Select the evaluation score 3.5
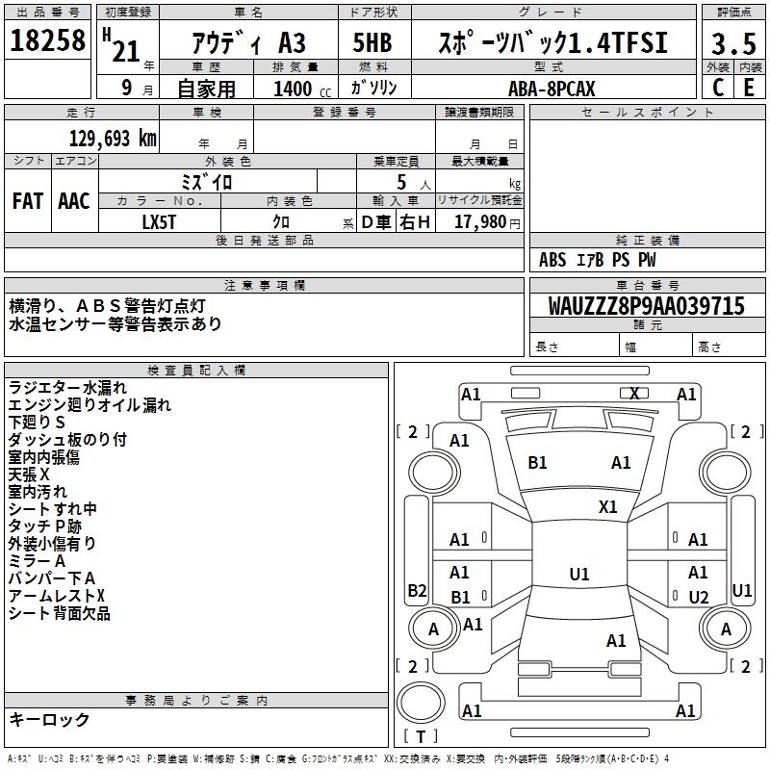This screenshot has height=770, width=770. (732, 44)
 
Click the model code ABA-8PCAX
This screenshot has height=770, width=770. (552, 89)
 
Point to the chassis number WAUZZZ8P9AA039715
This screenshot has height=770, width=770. (646, 307)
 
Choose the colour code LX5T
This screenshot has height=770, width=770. (159, 221)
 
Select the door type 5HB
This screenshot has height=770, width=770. (371, 43)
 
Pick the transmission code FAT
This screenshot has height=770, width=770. (28, 201)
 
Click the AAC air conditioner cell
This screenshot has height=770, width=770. (74, 201)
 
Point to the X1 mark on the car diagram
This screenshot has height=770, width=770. (608, 506)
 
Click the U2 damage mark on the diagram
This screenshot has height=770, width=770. (699, 598)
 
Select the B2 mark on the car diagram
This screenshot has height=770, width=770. (417, 590)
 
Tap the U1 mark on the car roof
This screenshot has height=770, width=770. (578, 575)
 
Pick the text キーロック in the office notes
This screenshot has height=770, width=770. (49, 720)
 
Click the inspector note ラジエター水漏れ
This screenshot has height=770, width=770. (67, 387)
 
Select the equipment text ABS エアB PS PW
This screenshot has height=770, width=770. (598, 260)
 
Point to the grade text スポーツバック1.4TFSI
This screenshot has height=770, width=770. (552, 43)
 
